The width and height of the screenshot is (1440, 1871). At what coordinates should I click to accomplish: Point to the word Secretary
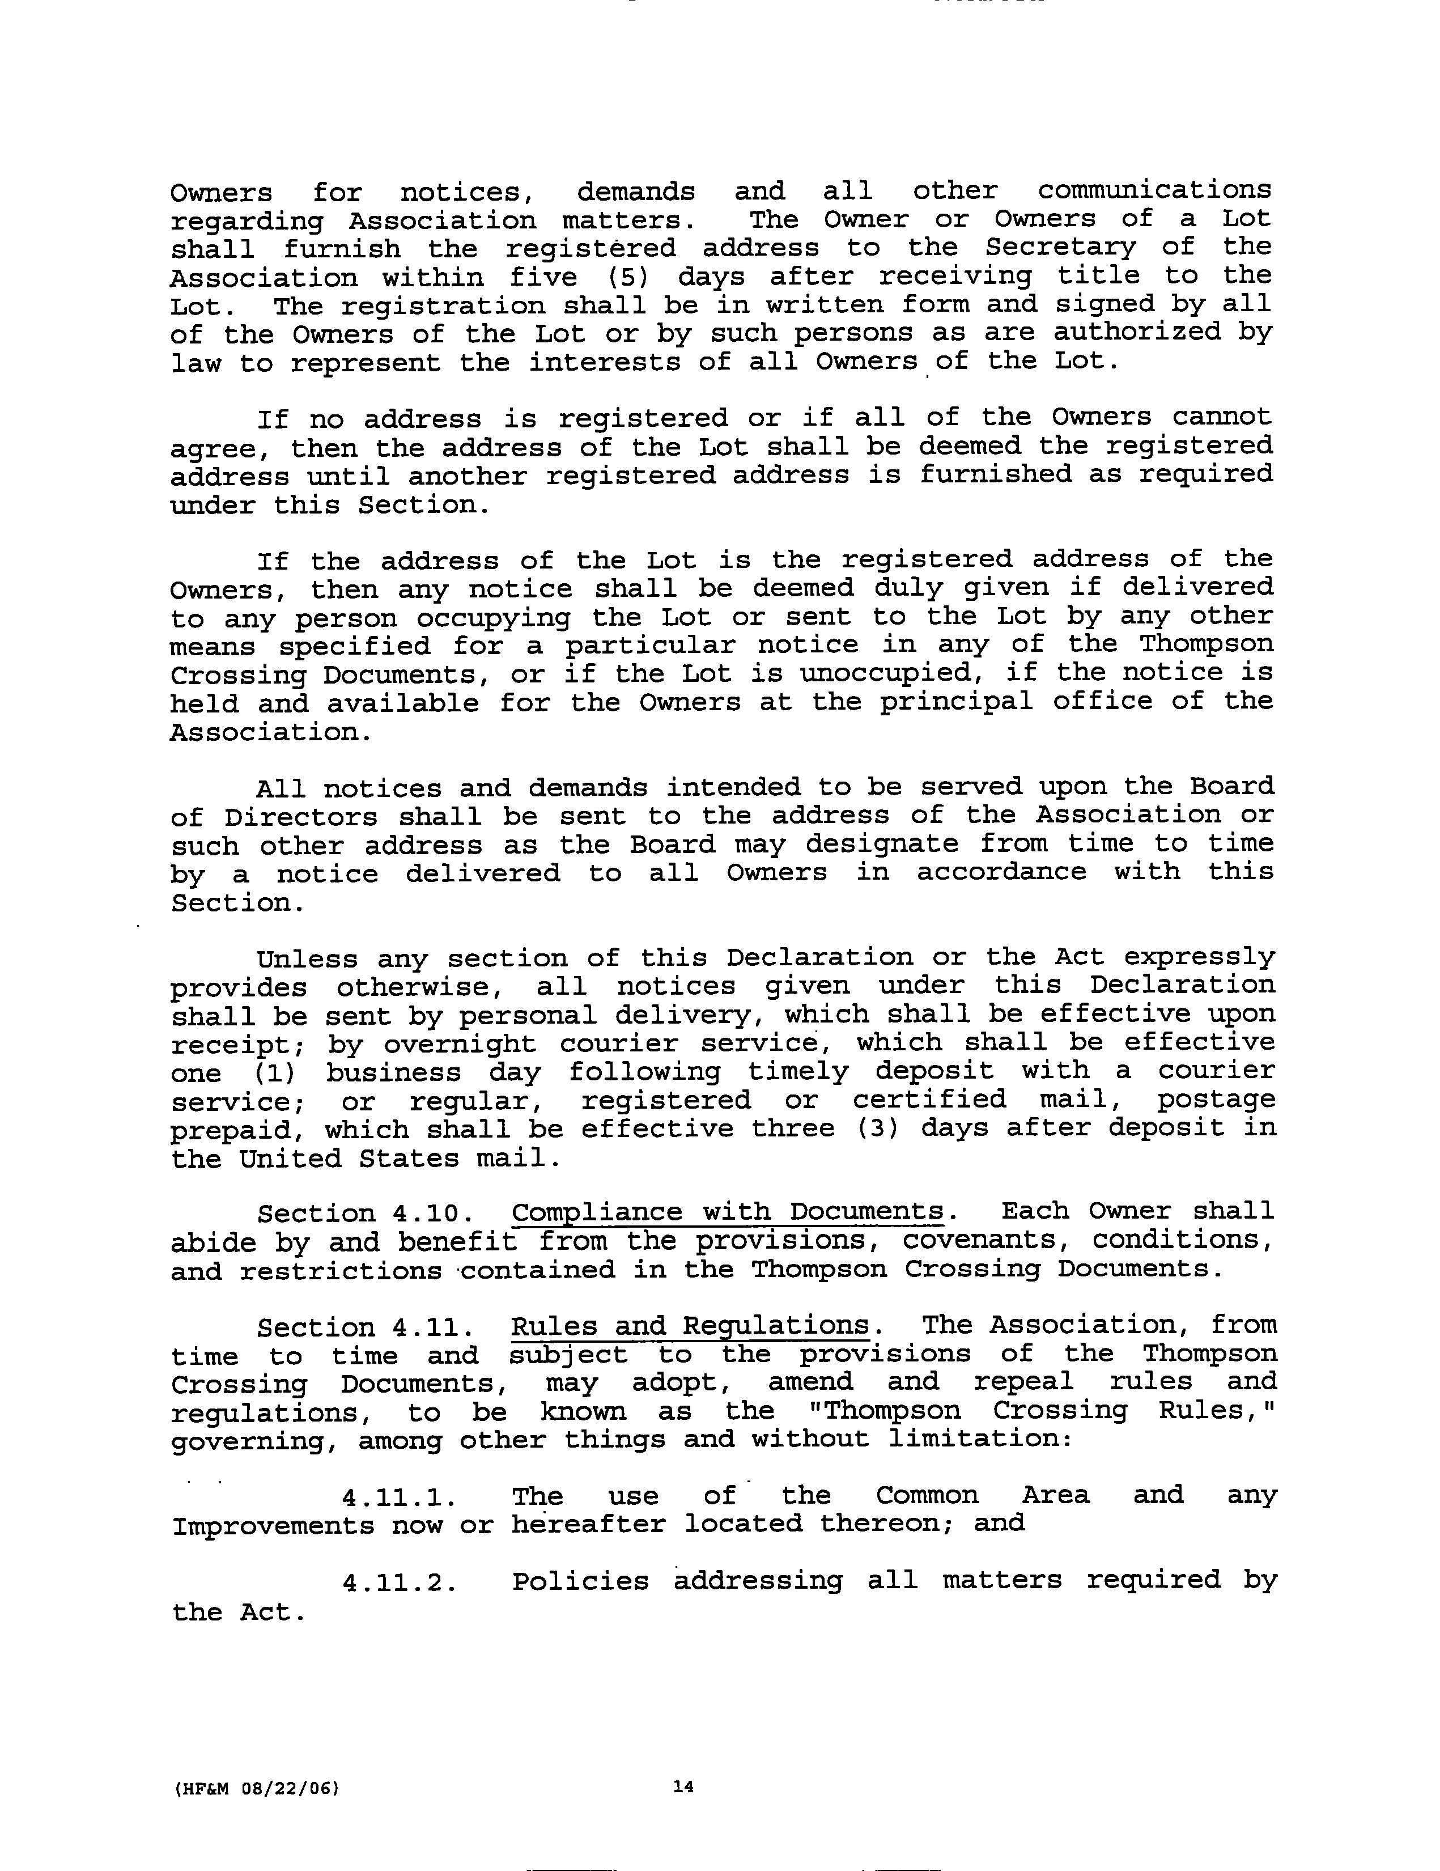click(x=1060, y=248)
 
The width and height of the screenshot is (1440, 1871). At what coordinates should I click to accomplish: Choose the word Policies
click(x=580, y=1581)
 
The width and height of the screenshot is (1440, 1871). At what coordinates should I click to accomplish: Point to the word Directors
click(x=300, y=816)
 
